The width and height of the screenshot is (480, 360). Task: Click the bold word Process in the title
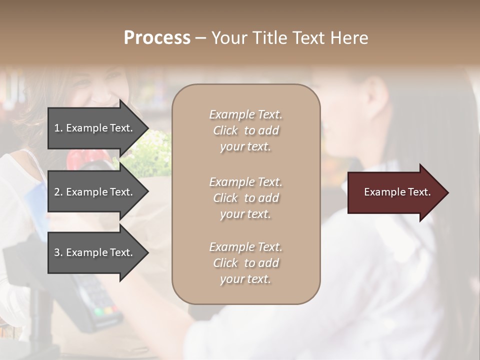[x=157, y=38]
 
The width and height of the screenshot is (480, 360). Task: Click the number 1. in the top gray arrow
[x=58, y=128]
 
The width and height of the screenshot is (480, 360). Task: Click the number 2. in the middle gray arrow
[x=58, y=192]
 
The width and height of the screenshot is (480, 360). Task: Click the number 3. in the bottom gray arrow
[x=58, y=252]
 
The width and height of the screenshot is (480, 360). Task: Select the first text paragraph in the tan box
[x=245, y=130]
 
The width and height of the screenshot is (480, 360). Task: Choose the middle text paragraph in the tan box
[x=245, y=198]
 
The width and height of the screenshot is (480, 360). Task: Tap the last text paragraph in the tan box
[x=245, y=263]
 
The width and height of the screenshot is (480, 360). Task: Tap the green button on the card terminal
[x=98, y=312]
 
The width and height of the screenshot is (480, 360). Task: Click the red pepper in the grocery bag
[x=80, y=159]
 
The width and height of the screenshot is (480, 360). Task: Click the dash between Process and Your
[x=200, y=38]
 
